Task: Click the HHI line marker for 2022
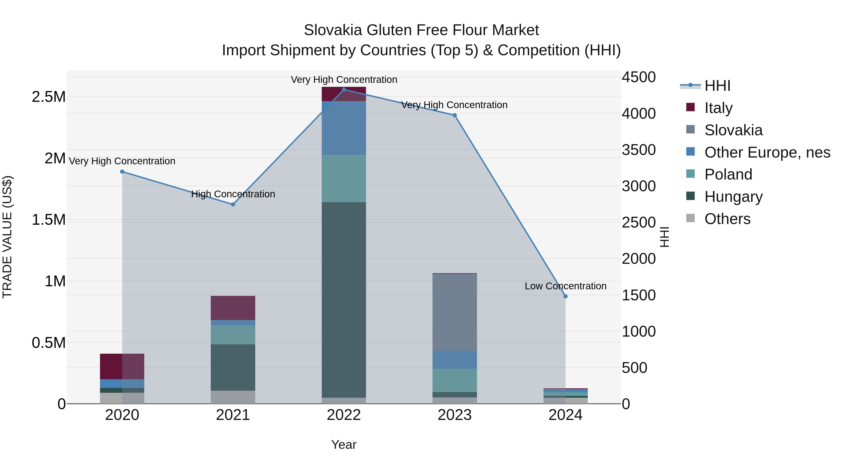click(x=344, y=89)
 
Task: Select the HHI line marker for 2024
click(x=565, y=296)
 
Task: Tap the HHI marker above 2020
click(x=122, y=172)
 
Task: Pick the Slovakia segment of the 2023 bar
click(x=455, y=312)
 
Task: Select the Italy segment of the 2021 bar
click(x=233, y=308)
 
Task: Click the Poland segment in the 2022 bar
click(x=344, y=178)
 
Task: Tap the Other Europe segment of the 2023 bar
click(x=455, y=360)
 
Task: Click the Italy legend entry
click(x=718, y=108)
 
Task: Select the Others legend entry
click(x=727, y=219)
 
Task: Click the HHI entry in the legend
click(x=717, y=86)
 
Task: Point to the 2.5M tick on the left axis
click(x=48, y=97)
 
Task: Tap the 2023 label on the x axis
click(x=455, y=415)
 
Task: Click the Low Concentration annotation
click(x=565, y=286)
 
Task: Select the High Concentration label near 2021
click(x=233, y=194)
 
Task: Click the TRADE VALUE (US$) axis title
click(x=7, y=237)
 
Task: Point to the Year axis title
click(x=344, y=445)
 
